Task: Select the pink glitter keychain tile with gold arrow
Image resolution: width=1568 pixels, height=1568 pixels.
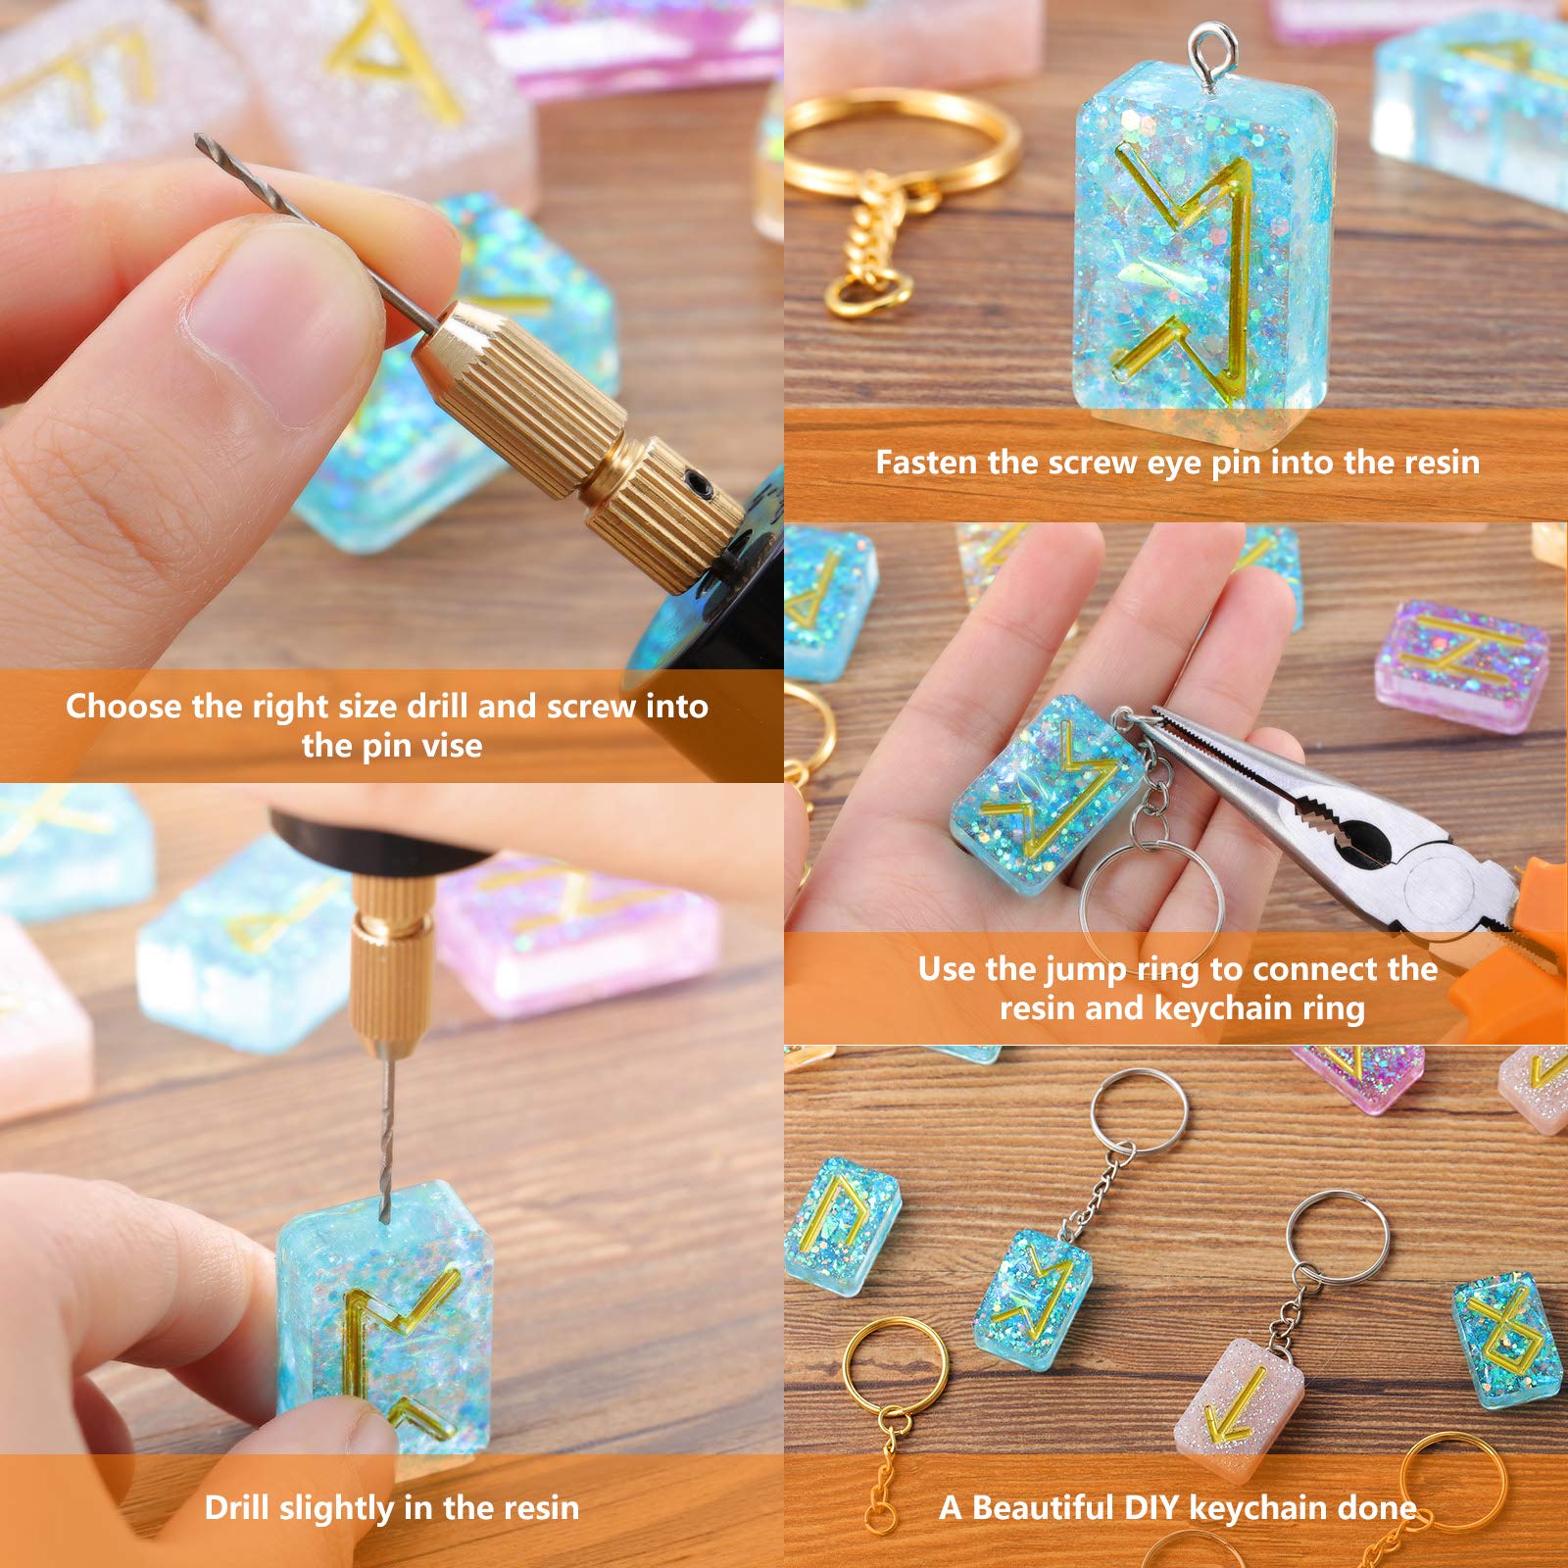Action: point(1239,1407)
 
